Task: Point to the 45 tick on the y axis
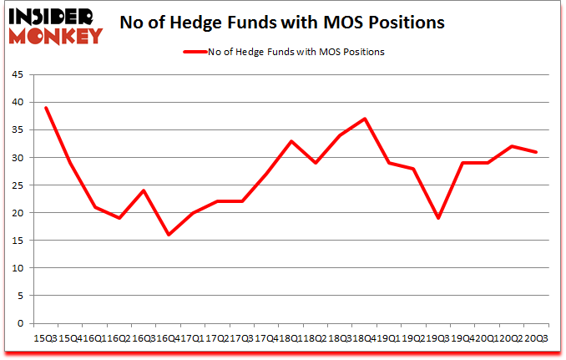pyautogui.click(x=18, y=75)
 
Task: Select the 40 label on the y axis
pyautogui.click(x=18, y=103)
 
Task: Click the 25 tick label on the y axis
pyautogui.click(x=18, y=185)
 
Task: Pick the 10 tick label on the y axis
pyautogui.click(x=18, y=268)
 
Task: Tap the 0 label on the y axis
pyautogui.click(x=20, y=323)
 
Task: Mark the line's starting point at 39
pyautogui.click(x=46, y=108)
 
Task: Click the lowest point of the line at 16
pyautogui.click(x=169, y=235)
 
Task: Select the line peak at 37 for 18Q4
pyautogui.click(x=365, y=119)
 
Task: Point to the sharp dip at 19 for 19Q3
pyautogui.click(x=437, y=218)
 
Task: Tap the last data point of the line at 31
pyautogui.click(x=535, y=152)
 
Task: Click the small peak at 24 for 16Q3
pyautogui.click(x=144, y=190)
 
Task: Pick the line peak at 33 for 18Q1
pyautogui.click(x=291, y=141)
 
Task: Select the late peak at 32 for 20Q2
pyautogui.click(x=511, y=146)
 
